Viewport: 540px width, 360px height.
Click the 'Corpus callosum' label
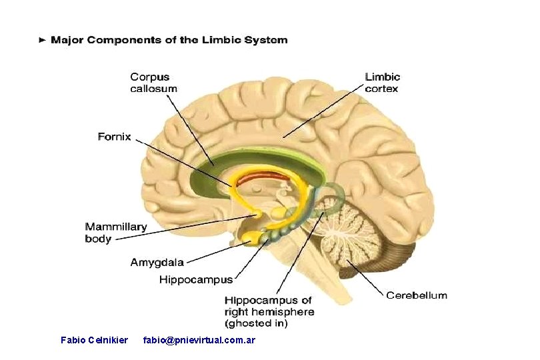[153, 83]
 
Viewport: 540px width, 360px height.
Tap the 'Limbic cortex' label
[382, 83]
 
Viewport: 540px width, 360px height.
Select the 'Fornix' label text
[115, 137]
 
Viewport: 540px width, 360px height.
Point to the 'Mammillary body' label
[116, 233]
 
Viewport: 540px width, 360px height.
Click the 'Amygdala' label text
[157, 263]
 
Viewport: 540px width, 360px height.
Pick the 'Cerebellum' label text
[417, 295]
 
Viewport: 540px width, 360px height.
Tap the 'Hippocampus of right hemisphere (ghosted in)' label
[269, 312]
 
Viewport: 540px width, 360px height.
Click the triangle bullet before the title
[43, 40]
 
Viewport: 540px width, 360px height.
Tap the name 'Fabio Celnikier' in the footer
[94, 341]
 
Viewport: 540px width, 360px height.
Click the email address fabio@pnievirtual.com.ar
[199, 341]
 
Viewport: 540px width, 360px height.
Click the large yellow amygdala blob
[251, 238]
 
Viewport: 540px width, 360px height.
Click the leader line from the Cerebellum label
[365, 278]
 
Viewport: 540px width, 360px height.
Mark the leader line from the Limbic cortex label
[323, 111]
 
